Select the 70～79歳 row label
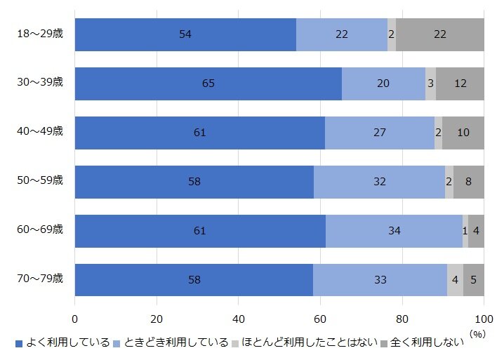41,279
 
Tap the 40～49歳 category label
41,131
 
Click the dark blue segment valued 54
185,34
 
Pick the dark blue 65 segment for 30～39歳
208,84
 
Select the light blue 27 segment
380,133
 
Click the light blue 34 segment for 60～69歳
394,231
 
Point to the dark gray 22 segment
440,34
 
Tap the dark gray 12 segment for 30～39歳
460,84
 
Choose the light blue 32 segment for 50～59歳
379,182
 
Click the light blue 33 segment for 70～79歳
380,280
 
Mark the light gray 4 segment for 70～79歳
455,280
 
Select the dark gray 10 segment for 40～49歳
463,133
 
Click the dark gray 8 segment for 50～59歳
468,182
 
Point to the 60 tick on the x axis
321,317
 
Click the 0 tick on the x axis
75,317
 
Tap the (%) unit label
477,334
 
